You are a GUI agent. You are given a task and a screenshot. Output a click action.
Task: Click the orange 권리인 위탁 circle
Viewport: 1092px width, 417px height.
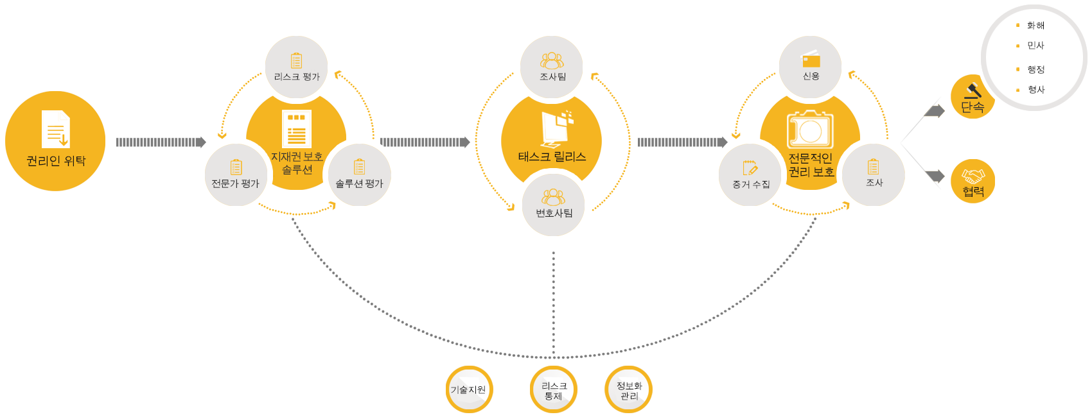tap(55, 141)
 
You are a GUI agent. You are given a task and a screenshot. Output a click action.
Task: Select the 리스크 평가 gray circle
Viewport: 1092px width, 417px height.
tap(296, 67)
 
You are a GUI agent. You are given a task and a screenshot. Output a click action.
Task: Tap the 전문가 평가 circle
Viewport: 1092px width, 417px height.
tap(236, 174)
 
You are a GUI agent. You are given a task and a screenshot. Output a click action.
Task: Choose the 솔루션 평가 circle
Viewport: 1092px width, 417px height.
tap(359, 174)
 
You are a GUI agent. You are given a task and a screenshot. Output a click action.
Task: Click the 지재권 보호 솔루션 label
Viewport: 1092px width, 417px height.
tap(296, 163)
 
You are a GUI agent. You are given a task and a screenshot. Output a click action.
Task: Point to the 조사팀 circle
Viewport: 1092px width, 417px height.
tap(552, 67)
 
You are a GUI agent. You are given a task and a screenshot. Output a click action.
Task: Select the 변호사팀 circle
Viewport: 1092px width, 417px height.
tap(554, 205)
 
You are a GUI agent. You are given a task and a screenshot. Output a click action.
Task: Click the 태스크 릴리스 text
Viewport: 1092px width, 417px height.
tap(552, 157)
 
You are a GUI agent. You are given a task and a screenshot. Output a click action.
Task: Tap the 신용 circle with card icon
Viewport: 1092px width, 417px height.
tap(811, 67)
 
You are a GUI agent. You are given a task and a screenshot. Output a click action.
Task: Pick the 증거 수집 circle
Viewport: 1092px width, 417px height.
tap(750, 174)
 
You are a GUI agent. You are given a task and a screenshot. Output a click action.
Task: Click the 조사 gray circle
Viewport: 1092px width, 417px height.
tap(874, 174)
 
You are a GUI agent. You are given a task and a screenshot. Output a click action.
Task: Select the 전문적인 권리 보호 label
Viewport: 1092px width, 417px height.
tap(811, 165)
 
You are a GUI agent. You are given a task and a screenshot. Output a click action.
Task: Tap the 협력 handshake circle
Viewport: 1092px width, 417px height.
tap(973, 181)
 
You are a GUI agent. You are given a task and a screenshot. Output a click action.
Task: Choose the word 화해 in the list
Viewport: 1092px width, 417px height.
tap(1035, 26)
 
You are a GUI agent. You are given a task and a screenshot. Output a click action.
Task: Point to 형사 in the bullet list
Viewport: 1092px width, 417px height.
tap(1036, 90)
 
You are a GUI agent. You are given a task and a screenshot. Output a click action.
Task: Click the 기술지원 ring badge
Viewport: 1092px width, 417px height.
tap(469, 389)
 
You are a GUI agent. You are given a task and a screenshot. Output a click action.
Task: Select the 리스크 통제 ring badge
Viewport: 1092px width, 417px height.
tap(554, 389)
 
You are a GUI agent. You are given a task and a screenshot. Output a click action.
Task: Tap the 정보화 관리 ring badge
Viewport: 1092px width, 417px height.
tap(629, 389)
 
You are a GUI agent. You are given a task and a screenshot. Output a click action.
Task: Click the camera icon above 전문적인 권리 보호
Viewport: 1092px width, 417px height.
tap(809, 130)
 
